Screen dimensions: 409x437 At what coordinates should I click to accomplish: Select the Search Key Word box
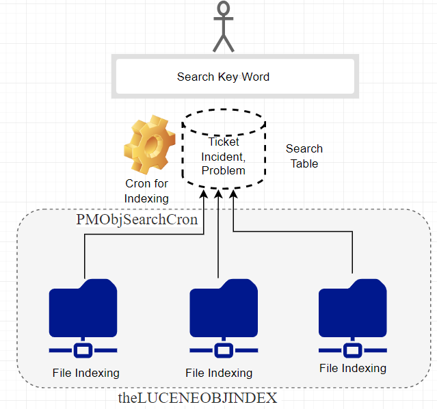pyautogui.click(x=223, y=77)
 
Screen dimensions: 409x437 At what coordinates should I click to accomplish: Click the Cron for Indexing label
pyautogui.click(x=146, y=190)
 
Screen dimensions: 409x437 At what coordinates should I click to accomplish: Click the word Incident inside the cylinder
pyautogui.click(x=223, y=156)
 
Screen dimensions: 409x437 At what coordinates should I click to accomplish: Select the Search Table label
pyautogui.click(x=304, y=156)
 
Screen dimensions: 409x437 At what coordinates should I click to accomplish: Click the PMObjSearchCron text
pyautogui.click(x=137, y=220)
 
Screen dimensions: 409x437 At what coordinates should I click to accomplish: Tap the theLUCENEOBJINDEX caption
pyautogui.click(x=198, y=397)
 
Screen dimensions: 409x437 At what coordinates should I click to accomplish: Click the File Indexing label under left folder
pyautogui.click(x=86, y=373)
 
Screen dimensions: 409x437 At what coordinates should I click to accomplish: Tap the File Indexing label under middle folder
pyautogui.click(x=219, y=373)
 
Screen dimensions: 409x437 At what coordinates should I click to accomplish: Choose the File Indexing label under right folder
pyautogui.click(x=353, y=368)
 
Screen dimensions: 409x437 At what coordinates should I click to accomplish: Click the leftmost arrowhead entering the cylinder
pyautogui.click(x=204, y=196)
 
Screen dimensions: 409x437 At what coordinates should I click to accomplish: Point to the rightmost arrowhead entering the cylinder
pyautogui.click(x=233, y=196)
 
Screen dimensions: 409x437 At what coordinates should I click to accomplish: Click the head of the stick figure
pyautogui.click(x=223, y=10)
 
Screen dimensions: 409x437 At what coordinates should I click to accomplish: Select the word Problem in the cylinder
pyautogui.click(x=223, y=170)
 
